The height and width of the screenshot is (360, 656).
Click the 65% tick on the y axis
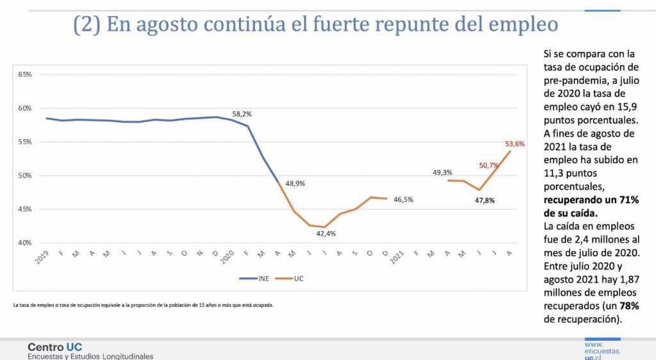click(x=24, y=74)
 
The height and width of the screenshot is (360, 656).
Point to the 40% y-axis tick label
click(x=24, y=243)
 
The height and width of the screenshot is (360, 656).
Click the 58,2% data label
click(x=242, y=114)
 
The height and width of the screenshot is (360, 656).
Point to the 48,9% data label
click(x=295, y=183)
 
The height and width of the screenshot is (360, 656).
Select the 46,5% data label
click(x=403, y=199)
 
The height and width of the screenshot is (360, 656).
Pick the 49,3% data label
click(x=443, y=172)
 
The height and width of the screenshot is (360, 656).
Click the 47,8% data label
click(x=485, y=200)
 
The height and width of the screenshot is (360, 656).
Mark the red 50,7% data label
click(x=489, y=165)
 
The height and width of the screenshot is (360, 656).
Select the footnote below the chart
click(x=143, y=305)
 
